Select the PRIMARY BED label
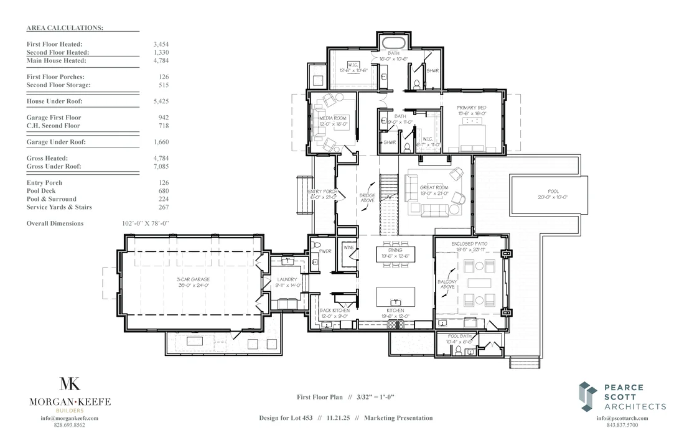click(x=470, y=110)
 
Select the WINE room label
click(x=347, y=248)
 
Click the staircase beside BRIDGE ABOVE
click(x=388, y=195)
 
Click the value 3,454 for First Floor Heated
click(x=161, y=45)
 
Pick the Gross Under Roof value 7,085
click(x=161, y=167)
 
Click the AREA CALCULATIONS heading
click(x=65, y=28)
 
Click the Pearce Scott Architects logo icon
click(x=588, y=396)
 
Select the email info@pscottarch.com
click(x=622, y=418)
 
